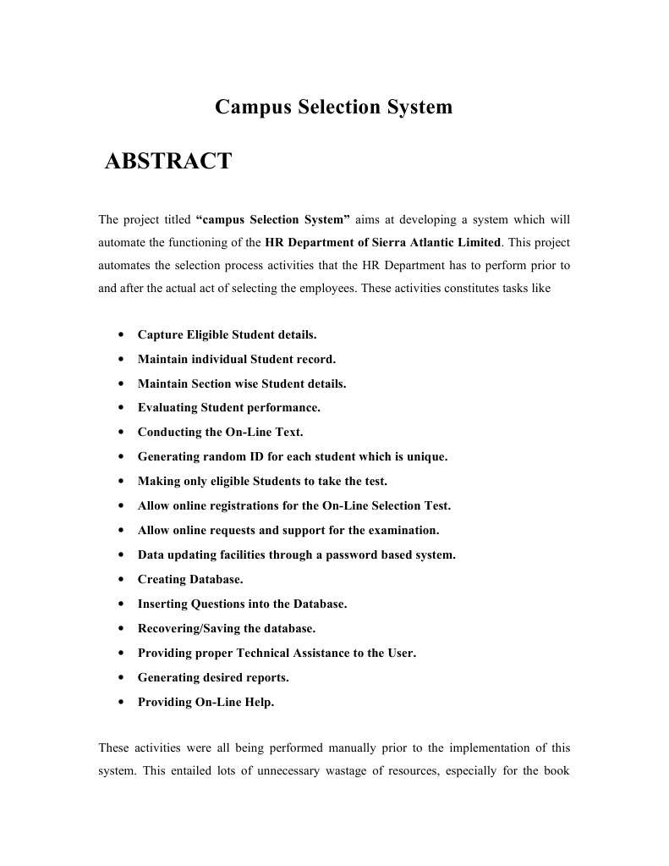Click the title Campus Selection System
click(x=333, y=108)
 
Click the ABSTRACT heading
click(x=167, y=161)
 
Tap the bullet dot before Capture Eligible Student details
click(x=124, y=334)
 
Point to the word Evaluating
click(x=167, y=408)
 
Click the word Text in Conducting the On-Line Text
click(x=288, y=433)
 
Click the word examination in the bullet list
click(x=400, y=531)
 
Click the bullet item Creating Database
click(x=190, y=580)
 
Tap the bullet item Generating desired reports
click(x=213, y=678)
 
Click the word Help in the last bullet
click(x=257, y=703)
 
